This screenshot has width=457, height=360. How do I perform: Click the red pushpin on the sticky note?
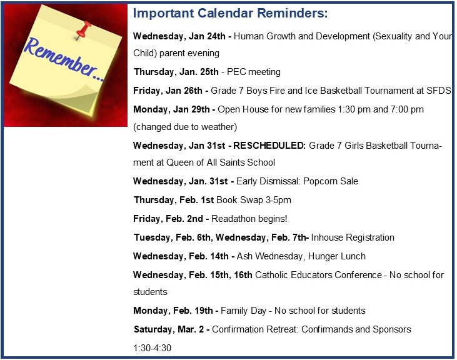[x=83, y=31]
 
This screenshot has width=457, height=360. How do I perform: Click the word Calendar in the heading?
[x=225, y=13]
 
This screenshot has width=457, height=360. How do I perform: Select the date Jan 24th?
[x=207, y=36]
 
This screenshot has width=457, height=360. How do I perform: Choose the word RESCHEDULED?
[x=269, y=146]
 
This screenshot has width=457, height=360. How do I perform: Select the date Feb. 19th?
[x=193, y=311]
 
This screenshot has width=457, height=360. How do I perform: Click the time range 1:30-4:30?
[x=152, y=348]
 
